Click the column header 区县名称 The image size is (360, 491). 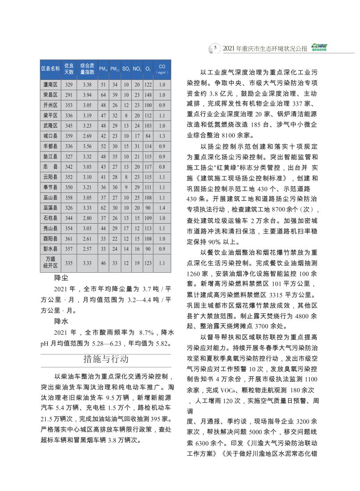coord(50,68)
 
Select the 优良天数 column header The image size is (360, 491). coord(69,68)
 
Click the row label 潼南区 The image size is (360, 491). coord(50,84)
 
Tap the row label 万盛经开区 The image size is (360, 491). coord(50,263)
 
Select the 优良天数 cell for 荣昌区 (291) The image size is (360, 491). coord(69,95)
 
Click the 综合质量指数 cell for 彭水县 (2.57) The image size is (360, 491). coord(87,248)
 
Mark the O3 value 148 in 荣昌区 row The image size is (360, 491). coord(149,95)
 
